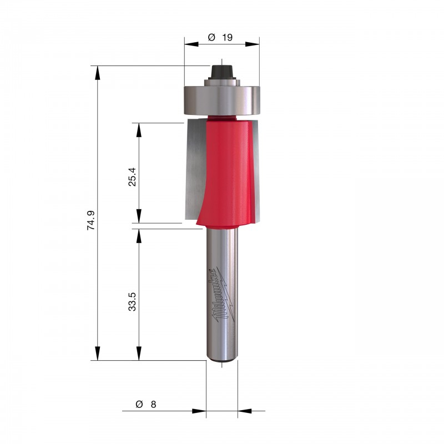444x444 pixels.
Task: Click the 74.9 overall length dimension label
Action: click(x=91, y=220)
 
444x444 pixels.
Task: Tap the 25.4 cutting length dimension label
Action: click(x=132, y=176)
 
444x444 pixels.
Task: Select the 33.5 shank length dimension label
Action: click(x=132, y=302)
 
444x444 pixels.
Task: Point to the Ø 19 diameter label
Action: click(x=220, y=37)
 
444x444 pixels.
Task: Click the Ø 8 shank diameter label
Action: click(x=146, y=404)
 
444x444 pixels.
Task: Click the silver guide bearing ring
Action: click(x=221, y=100)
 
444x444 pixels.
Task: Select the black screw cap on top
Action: click(x=221, y=72)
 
